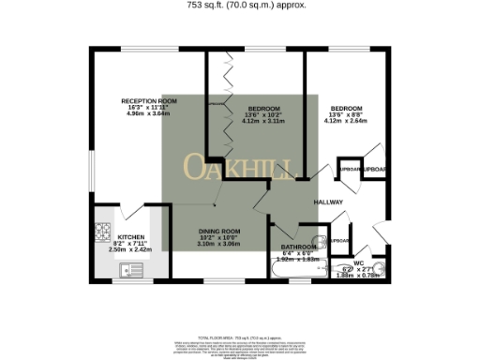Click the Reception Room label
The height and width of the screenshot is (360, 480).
(148, 100)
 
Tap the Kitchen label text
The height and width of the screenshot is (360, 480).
(130, 236)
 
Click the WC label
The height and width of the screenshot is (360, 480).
(359, 263)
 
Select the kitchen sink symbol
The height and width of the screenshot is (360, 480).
(129, 270)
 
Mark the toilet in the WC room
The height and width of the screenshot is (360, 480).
(346, 272)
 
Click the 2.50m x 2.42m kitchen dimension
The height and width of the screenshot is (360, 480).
(130, 249)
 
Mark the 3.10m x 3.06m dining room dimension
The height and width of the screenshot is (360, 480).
(218, 244)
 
